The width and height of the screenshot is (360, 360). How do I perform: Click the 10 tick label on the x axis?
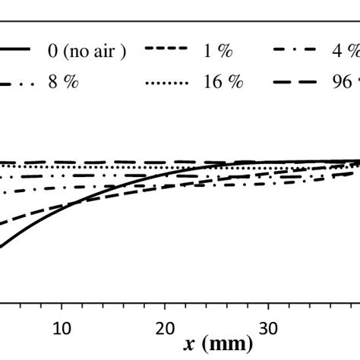62,327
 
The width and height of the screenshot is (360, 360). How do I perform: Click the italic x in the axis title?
188,344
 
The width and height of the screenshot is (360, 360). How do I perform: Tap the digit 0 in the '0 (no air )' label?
52,50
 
